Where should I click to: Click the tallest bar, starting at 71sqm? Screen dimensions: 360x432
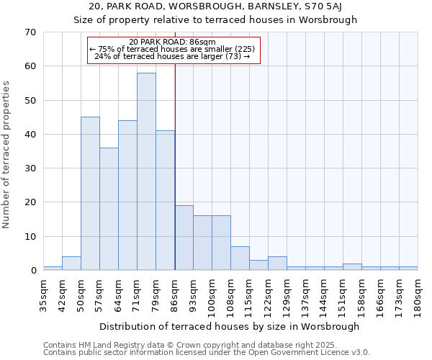(146, 171)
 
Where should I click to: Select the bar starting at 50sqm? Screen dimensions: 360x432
(90, 194)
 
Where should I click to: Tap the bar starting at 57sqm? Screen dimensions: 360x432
(109, 209)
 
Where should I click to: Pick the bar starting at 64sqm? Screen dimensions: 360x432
(127, 195)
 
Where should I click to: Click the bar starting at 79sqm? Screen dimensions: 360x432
(165, 200)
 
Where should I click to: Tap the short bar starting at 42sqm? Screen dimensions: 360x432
(71, 264)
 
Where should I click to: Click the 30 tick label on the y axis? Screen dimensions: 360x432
(30, 168)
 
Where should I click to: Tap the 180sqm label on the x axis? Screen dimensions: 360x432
(418, 292)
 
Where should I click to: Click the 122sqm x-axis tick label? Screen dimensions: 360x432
(269, 292)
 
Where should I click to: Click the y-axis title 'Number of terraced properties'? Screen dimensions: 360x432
(8, 155)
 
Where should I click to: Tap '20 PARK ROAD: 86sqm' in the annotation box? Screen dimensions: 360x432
(173, 42)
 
